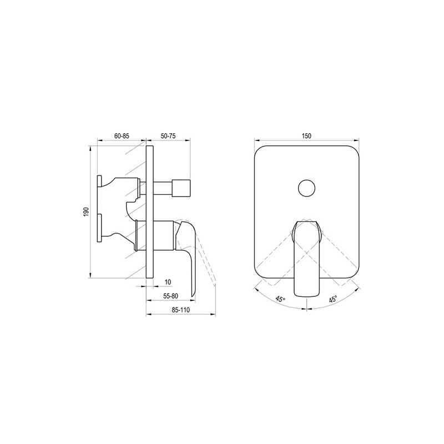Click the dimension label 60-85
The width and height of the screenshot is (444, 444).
(122, 136)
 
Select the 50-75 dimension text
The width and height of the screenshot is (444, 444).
(168, 136)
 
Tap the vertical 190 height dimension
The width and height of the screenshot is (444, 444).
(87, 212)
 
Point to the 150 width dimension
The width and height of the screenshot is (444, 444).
(306, 136)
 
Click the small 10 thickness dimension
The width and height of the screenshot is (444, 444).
(168, 282)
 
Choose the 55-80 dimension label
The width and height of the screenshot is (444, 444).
(171, 296)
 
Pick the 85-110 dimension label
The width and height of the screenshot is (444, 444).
(181, 310)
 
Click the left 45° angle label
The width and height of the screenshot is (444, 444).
(280, 299)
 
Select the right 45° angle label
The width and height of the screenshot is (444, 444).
(333, 299)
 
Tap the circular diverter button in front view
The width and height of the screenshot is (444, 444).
(307, 188)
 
